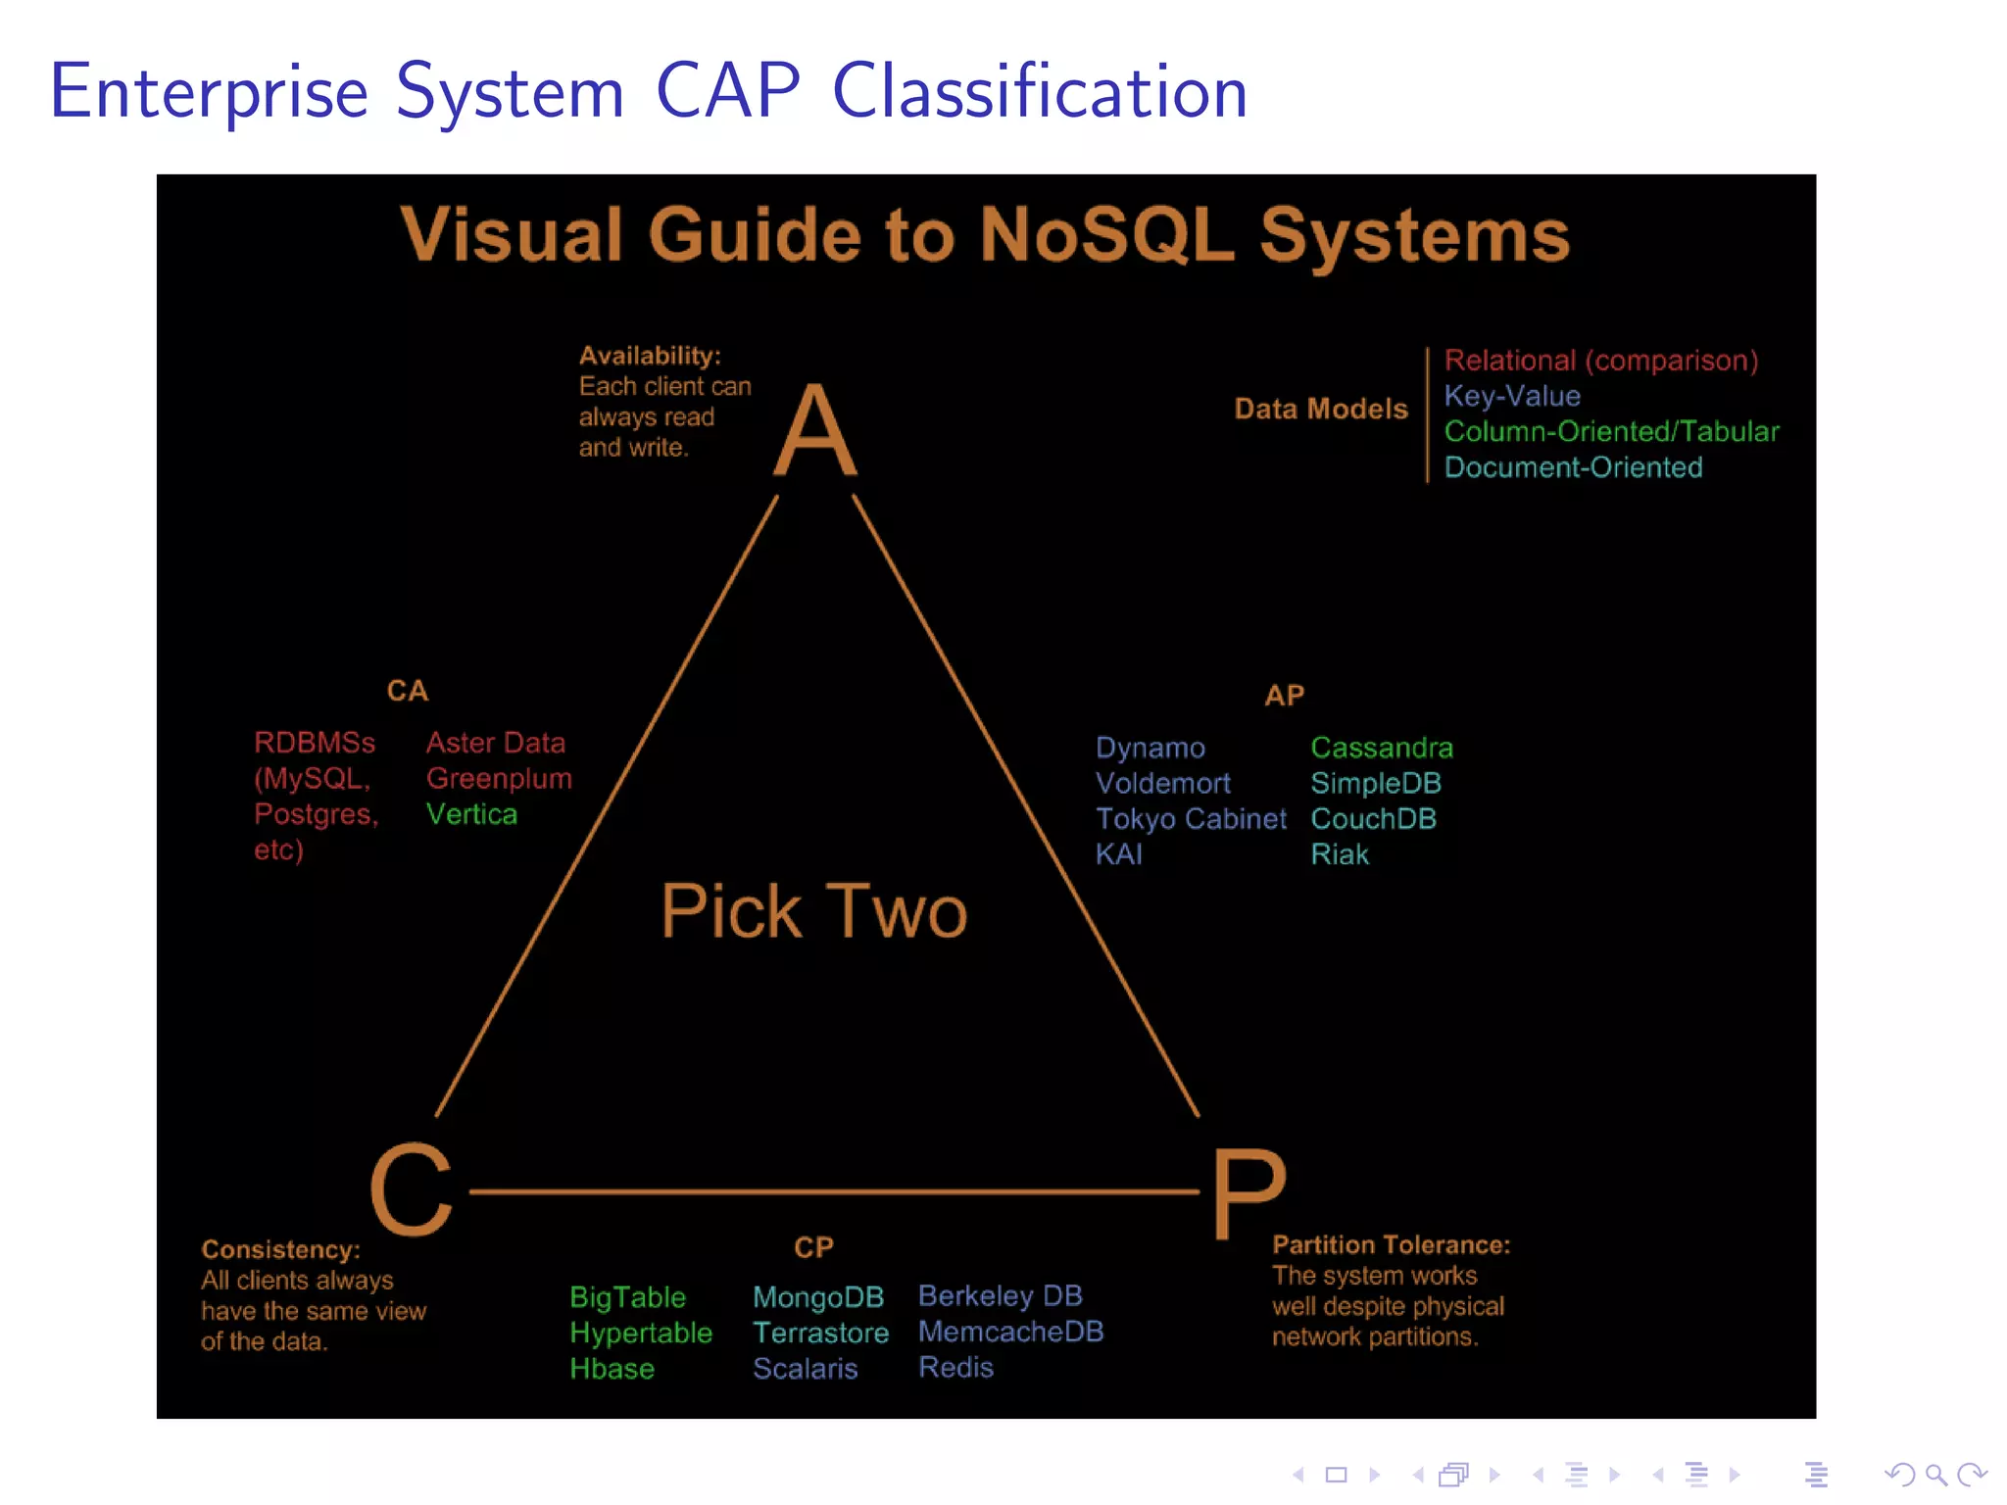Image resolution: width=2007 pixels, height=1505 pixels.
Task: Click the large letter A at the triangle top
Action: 815,431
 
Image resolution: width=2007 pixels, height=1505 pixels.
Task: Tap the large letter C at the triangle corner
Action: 412,1190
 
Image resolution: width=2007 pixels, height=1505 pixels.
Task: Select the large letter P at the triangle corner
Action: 1248,1193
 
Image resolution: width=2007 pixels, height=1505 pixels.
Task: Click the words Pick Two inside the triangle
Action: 813,911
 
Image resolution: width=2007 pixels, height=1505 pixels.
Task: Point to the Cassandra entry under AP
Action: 1382,748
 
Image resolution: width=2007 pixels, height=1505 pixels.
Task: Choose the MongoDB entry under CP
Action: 818,1297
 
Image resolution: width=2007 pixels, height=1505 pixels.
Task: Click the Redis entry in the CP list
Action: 955,1368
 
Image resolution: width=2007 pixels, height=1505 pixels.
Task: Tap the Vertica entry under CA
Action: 471,814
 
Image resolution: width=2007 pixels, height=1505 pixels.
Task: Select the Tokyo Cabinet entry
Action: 1191,819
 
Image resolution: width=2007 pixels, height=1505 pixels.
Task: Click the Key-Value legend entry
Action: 1512,396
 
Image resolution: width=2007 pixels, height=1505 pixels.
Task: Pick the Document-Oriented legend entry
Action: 1573,467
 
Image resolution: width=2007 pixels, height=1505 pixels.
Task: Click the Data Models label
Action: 1320,409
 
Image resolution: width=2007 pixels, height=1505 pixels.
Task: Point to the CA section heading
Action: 408,691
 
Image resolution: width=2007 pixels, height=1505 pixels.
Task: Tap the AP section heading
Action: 1284,696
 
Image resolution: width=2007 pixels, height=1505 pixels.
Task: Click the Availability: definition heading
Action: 650,356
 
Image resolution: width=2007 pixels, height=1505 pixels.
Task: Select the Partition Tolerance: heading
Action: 1391,1245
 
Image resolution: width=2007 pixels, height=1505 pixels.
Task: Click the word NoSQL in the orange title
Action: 1106,235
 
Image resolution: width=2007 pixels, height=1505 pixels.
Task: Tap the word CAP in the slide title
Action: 727,91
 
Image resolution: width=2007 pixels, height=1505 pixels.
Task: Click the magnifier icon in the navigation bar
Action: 1935,1475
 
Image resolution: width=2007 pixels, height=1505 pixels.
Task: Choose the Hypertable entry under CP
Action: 641,1334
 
